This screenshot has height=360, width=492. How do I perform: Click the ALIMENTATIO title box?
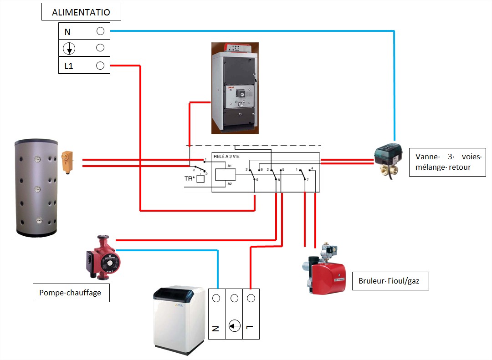point(82,12)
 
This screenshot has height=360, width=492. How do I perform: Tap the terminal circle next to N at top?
point(100,31)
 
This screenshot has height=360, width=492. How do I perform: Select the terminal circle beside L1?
point(100,66)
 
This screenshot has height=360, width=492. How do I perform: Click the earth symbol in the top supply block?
point(69,49)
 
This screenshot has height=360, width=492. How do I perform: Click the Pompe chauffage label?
point(72,293)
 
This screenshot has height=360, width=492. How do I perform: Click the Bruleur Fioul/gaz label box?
point(391,281)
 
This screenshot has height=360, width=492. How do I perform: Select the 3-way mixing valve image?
point(389,159)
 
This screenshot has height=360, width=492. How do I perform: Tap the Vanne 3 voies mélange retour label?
point(447,162)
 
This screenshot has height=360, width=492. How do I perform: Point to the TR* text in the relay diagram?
point(190,179)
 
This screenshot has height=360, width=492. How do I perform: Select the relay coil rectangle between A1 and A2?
point(225,175)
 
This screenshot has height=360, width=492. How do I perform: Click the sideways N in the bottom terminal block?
point(216,328)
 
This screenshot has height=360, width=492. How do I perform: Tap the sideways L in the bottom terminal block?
point(250,327)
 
